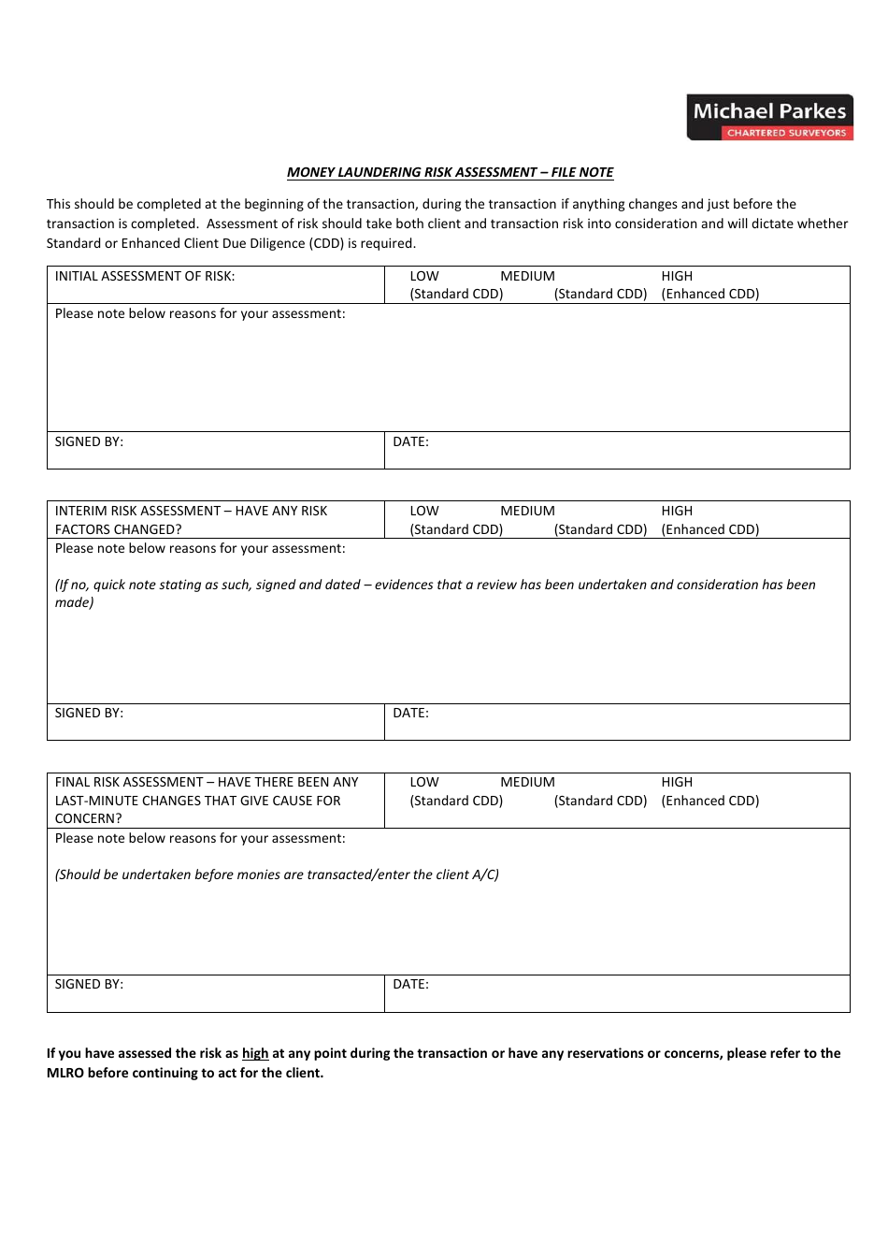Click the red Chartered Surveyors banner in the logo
(786, 133)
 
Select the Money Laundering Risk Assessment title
(450, 172)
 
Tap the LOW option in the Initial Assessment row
(424, 276)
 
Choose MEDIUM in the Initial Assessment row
(527, 276)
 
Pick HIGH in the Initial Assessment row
(677, 276)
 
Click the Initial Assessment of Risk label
(145, 276)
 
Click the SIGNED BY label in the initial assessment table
(89, 441)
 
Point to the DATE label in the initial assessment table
(410, 441)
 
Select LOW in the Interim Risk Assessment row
(424, 511)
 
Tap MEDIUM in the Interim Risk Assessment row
(527, 511)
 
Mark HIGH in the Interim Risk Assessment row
(677, 511)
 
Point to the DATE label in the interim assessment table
(410, 713)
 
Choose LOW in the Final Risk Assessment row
(424, 782)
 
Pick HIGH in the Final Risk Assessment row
(677, 782)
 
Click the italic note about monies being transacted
(277, 874)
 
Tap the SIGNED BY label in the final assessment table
(89, 984)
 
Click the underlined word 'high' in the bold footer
(255, 1053)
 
